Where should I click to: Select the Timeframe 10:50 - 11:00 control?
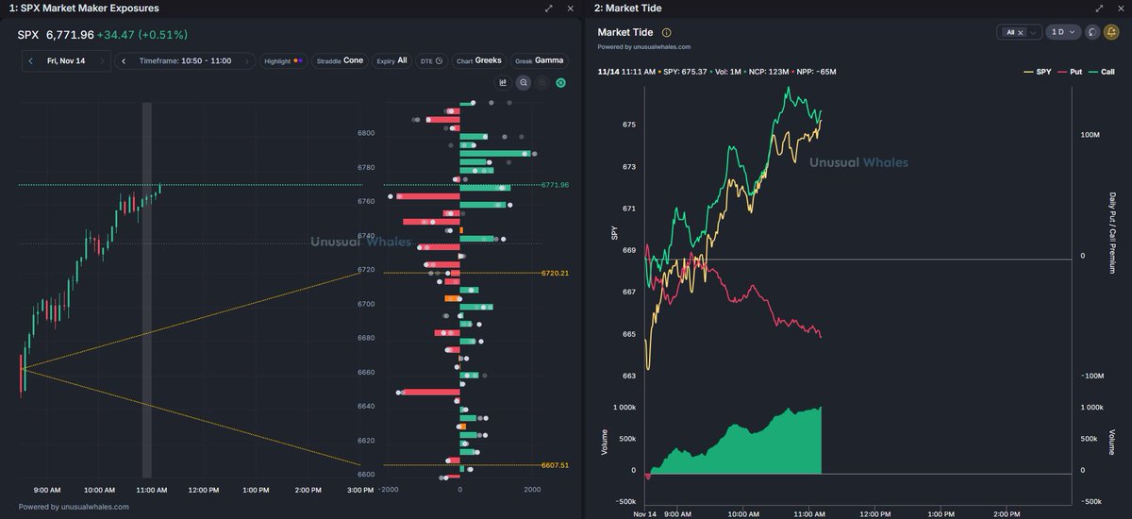point(185,60)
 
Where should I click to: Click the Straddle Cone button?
point(339,60)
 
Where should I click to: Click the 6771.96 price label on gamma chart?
point(555,185)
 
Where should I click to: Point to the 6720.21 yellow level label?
point(555,274)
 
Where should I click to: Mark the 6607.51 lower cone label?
point(555,465)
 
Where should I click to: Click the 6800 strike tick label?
point(366,133)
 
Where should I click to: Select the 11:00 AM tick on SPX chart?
point(152,490)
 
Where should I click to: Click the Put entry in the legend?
point(1069,72)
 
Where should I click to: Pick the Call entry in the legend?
point(1101,72)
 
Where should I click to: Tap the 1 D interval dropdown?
point(1063,32)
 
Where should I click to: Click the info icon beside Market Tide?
point(667,32)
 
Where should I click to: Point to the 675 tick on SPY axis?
point(629,125)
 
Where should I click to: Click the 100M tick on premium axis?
point(1090,135)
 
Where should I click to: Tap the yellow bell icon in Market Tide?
point(1111,32)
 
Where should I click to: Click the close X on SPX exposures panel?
point(570,8)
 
